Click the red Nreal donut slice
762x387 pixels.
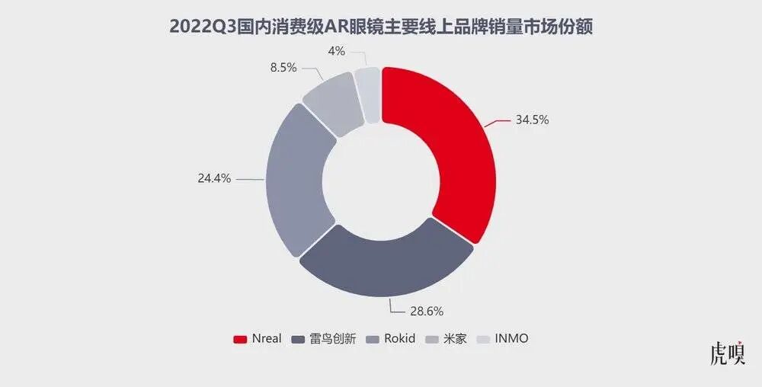450,152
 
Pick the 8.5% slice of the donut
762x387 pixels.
329,104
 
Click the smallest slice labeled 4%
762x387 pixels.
369,93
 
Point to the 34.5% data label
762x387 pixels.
532,120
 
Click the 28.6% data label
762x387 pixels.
426,311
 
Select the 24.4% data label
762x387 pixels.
214,179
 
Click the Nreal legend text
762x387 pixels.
267,338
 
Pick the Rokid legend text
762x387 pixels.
400,338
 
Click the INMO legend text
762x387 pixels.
511,338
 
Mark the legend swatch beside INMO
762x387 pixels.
482,339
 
